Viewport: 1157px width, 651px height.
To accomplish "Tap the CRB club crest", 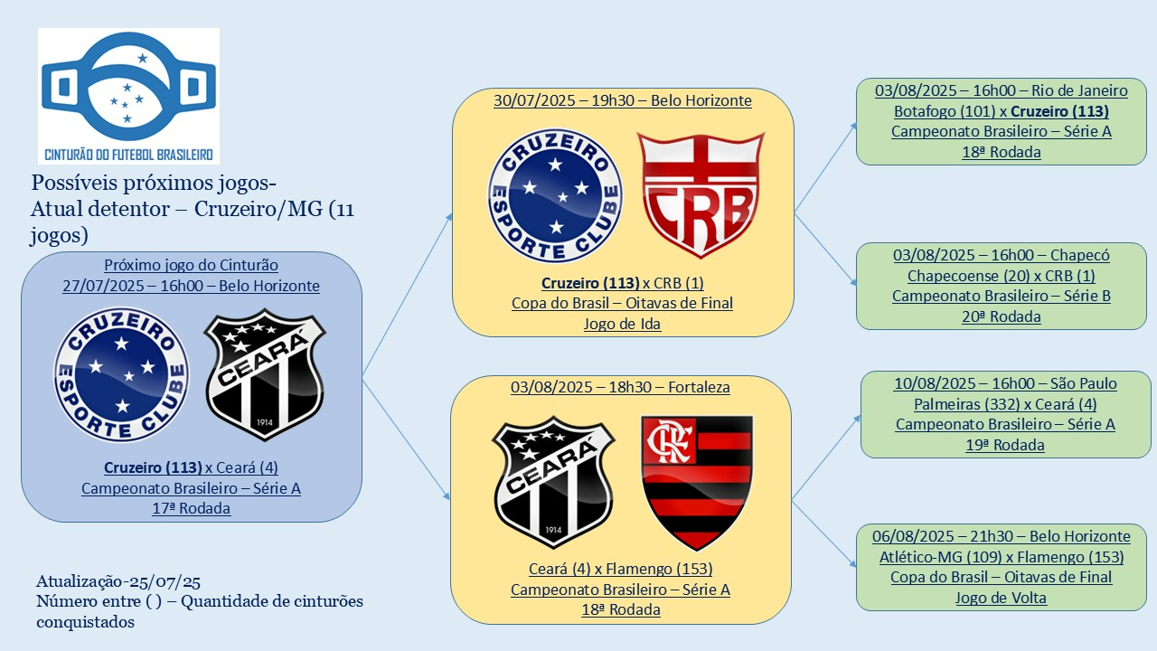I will point(700,195).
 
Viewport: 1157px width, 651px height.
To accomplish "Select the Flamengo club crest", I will point(697,482).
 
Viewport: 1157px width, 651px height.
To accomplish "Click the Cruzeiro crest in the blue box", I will point(122,374).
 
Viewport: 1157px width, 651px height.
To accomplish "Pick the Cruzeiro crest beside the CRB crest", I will point(555,195).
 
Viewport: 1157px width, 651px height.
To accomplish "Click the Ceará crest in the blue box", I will point(265,374).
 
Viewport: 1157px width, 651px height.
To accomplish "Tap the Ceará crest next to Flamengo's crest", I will point(553,482).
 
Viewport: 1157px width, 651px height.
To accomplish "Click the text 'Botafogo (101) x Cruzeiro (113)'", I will point(1002,111).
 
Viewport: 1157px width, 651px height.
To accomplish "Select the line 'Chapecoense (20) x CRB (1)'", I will point(1002,276).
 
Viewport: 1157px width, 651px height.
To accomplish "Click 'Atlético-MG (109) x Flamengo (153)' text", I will point(1002,557).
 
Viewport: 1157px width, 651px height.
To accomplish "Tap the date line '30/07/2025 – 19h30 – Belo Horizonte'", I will point(623,100).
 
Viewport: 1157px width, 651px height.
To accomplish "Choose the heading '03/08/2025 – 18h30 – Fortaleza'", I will point(620,387).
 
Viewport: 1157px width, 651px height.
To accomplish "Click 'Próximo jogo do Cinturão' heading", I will point(191,265).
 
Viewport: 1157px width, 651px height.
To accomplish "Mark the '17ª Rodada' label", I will point(191,508).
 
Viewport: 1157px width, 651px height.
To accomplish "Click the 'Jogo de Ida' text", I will point(623,323).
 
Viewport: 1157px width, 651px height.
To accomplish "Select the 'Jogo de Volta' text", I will point(1002,597).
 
